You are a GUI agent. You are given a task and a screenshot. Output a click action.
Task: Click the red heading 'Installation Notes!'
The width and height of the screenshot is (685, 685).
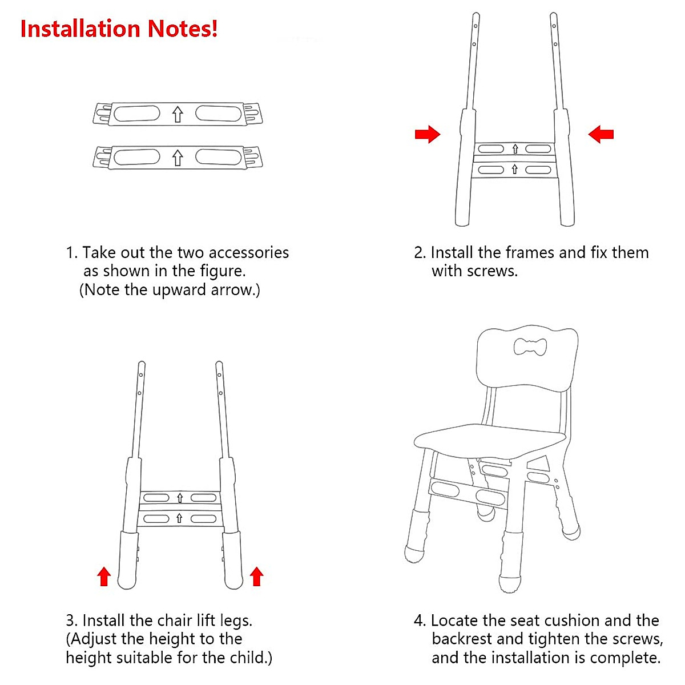tap(119, 29)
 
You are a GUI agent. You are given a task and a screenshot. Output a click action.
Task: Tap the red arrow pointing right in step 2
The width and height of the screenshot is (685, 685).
tap(427, 135)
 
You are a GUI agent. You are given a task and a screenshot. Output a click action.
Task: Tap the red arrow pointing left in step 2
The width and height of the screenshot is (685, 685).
tap(601, 135)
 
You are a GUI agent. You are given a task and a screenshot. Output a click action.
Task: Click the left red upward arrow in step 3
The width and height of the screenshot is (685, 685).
tap(103, 577)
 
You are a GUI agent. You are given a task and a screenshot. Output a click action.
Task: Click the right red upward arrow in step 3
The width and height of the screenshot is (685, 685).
tap(256, 577)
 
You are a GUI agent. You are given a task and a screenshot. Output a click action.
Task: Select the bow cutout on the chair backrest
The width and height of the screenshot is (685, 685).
tap(530, 346)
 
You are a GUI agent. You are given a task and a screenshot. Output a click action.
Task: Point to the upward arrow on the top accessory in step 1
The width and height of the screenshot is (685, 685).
tap(178, 114)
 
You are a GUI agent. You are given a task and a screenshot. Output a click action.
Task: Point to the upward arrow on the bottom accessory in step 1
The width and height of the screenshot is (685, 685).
tap(178, 158)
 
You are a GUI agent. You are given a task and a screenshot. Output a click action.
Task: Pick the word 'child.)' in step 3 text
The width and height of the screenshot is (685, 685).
tap(251, 658)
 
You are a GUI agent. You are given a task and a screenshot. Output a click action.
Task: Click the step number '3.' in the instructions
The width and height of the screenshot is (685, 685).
tap(71, 620)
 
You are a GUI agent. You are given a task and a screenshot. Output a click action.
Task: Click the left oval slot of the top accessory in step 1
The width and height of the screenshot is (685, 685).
tap(137, 114)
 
